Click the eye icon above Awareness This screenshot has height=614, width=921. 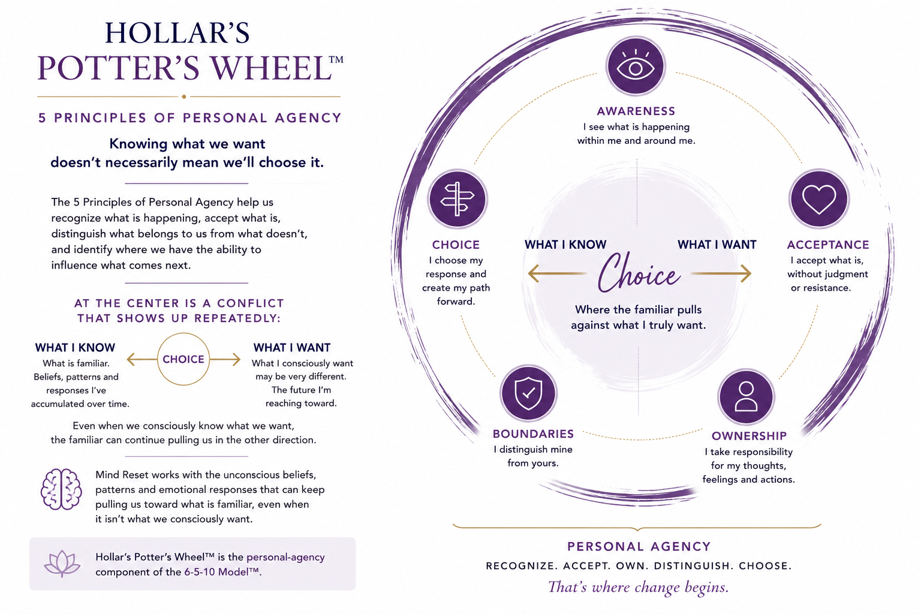pyautogui.click(x=636, y=66)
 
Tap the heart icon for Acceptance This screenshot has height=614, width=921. pyautogui.click(x=819, y=199)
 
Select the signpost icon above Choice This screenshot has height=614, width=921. pyautogui.click(x=458, y=199)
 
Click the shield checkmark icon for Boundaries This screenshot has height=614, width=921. pyautogui.click(x=528, y=393)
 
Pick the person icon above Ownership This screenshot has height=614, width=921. pyautogui.click(x=746, y=396)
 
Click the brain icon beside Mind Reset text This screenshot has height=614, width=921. pyautogui.click(x=61, y=489)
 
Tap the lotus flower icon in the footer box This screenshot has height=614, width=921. pyautogui.click(x=62, y=564)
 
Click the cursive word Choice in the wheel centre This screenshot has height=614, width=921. pyautogui.click(x=639, y=273)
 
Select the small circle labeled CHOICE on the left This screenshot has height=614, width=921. pyautogui.click(x=183, y=359)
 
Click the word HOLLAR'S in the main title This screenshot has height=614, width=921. pyautogui.click(x=177, y=33)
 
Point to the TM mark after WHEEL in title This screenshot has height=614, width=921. pyautogui.click(x=336, y=59)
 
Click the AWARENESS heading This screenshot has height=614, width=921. pyautogui.click(x=636, y=111)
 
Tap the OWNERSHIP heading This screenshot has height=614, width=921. pyautogui.click(x=749, y=436)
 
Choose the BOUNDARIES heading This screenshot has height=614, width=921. pyautogui.click(x=533, y=434)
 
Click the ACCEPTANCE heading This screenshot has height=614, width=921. pyautogui.click(x=828, y=245)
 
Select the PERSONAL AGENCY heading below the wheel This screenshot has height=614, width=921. pyautogui.click(x=639, y=547)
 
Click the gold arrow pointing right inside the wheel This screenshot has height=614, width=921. pyautogui.click(x=721, y=273)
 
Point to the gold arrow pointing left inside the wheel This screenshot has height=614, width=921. pyautogui.click(x=558, y=273)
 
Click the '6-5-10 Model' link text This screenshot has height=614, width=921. pyautogui.click(x=222, y=572)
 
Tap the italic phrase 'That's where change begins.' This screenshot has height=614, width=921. pyautogui.click(x=639, y=587)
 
